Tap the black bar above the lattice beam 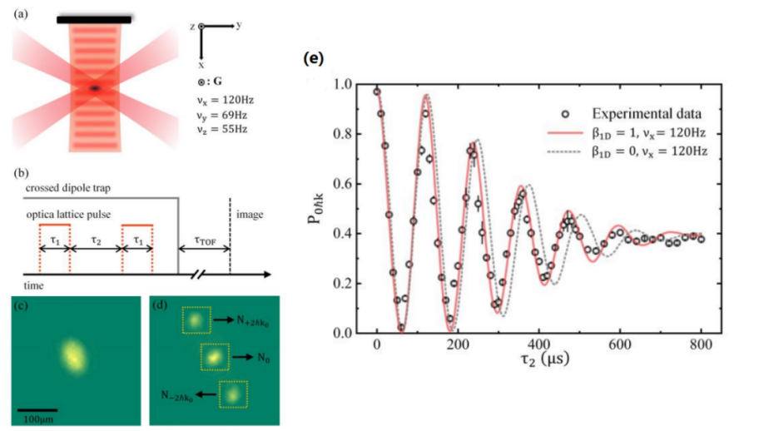click(94, 18)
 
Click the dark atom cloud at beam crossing click(95, 87)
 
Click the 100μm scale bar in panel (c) click(37, 409)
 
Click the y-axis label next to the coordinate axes click(239, 26)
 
